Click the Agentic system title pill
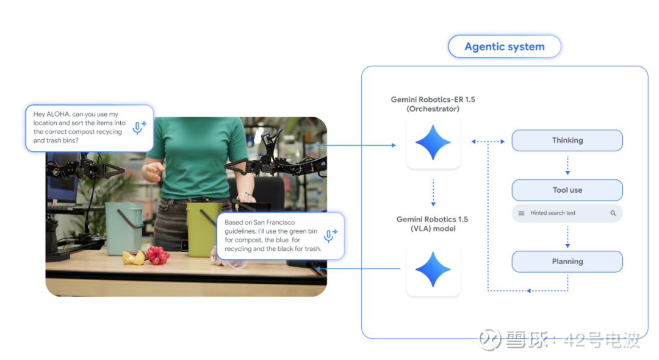tap(505, 46)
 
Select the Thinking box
tap(567, 140)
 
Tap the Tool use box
tap(567, 190)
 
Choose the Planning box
tap(567, 261)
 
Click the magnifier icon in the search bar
tap(613, 213)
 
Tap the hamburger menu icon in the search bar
tap(521, 213)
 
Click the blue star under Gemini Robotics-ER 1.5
tap(433, 142)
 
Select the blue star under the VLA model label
tap(433, 270)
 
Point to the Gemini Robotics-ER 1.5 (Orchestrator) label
tap(433, 104)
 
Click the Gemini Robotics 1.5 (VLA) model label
tap(433, 224)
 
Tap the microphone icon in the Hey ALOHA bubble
tap(138, 128)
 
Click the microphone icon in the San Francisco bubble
tap(329, 236)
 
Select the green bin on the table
tap(203, 229)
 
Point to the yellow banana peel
tap(133, 257)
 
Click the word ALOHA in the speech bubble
tap(57, 114)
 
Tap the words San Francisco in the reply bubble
tap(274, 222)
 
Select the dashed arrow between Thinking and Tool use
tap(567, 165)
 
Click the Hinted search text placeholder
tap(553, 213)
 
